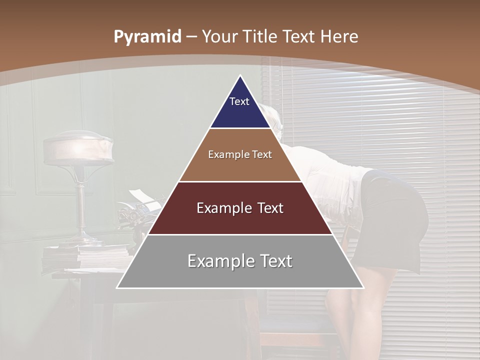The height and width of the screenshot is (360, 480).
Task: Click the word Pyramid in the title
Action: (147, 37)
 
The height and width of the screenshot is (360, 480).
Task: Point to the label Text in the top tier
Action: (239, 101)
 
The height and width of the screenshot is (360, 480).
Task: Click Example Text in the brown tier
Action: (240, 154)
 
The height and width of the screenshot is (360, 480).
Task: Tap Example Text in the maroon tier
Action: (240, 208)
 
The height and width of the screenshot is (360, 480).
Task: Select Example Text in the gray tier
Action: (240, 261)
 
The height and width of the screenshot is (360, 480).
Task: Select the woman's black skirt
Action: (397, 215)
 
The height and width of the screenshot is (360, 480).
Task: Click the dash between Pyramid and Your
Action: (191, 37)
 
